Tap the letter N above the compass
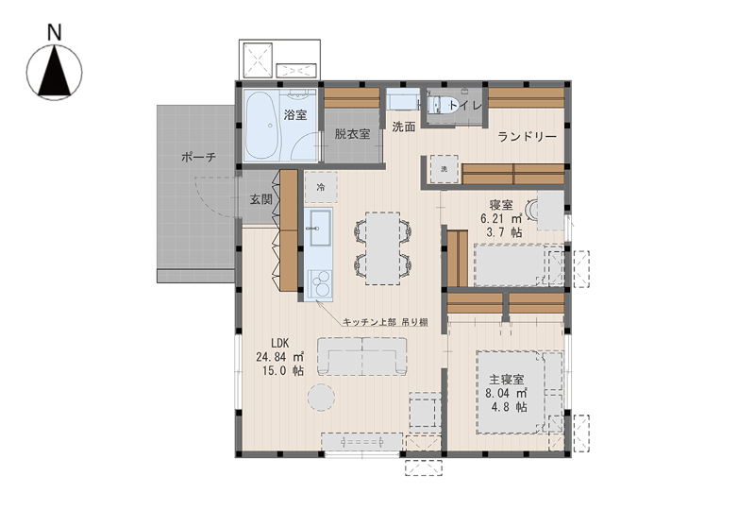[55, 32]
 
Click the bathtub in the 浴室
[262, 126]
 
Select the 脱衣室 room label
[352, 133]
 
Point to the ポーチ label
[199, 157]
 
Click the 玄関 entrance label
[261, 199]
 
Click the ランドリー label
[528, 136]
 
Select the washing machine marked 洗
[444, 169]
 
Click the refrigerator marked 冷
[321, 187]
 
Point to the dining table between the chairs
[382, 248]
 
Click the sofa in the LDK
[362, 356]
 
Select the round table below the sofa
[321, 398]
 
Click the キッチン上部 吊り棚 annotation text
[385, 322]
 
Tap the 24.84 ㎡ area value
[279, 357]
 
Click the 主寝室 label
[506, 380]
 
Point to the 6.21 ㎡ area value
[501, 218]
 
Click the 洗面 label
[404, 127]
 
